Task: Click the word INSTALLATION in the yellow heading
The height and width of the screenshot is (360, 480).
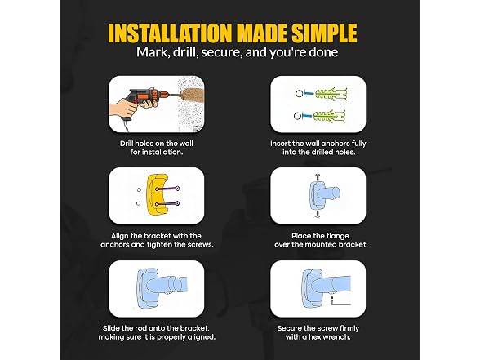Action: click(170, 33)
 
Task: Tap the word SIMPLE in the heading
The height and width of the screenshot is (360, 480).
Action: click(324, 33)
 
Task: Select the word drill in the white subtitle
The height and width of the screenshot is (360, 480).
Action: click(184, 51)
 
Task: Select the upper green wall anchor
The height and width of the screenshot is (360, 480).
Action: click(331, 93)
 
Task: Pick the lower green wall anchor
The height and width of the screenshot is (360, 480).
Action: click(330, 116)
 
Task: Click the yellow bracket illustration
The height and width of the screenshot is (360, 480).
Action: click(157, 194)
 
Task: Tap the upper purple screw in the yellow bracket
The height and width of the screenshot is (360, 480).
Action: click(167, 189)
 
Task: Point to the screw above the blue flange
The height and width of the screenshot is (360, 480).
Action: click(318, 177)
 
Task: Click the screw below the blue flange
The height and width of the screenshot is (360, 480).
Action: click(318, 214)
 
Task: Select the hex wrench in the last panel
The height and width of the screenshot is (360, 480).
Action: click(340, 300)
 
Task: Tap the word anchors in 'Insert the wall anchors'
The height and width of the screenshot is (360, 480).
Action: click(335, 144)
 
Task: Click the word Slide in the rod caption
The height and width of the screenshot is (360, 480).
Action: click(111, 328)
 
